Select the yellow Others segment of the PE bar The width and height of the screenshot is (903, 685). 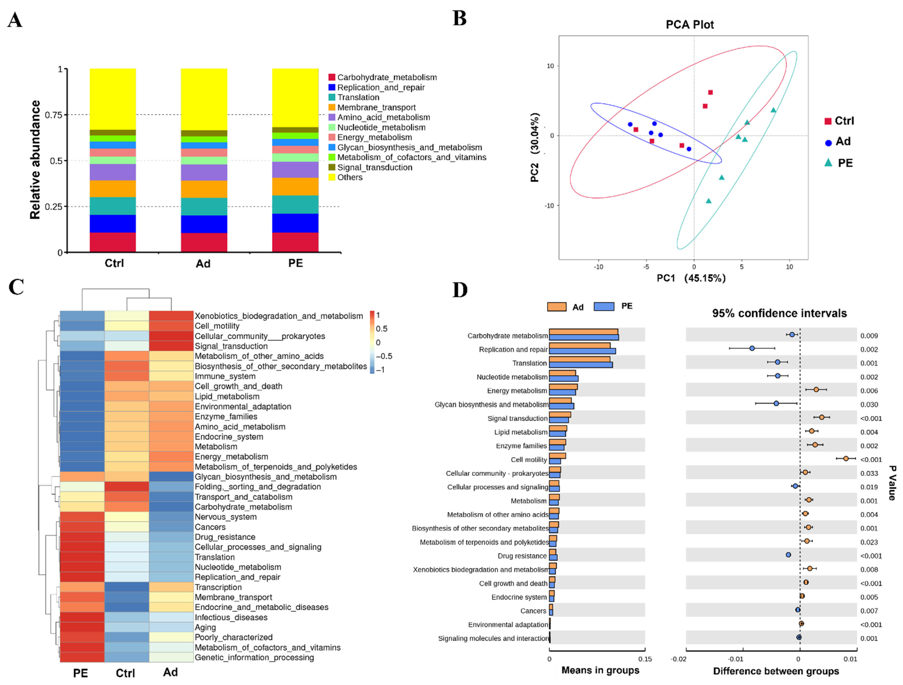295,98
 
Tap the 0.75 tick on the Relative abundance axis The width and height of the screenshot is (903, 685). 53,115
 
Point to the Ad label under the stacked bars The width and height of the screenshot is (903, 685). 203,264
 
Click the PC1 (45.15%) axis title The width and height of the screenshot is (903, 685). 691,278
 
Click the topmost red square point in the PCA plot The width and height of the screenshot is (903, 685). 710,93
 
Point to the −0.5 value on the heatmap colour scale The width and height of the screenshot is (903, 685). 384,356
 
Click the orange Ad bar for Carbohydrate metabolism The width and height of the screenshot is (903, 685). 583,332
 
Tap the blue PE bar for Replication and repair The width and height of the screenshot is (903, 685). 582,351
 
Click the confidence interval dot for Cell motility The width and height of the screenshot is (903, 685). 846,459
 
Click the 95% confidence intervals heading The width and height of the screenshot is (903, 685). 779,313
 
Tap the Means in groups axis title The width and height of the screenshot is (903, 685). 600,670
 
